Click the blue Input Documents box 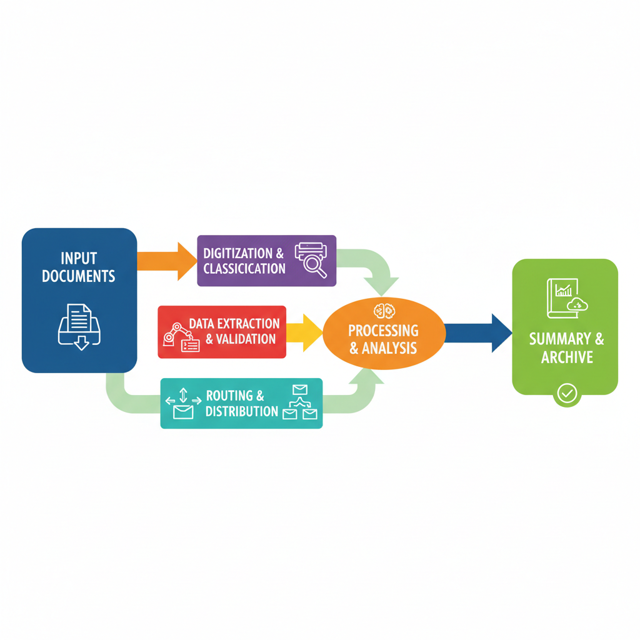tap(79, 300)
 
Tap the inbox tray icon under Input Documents tap(79, 324)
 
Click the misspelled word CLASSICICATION tap(244, 269)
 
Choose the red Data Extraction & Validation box tap(222, 331)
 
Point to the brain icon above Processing tap(383, 311)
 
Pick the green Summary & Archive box tap(565, 327)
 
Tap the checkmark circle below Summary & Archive tap(566, 394)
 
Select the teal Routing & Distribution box tap(241, 403)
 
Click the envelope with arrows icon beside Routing tap(183, 404)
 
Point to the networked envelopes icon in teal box tap(300, 403)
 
